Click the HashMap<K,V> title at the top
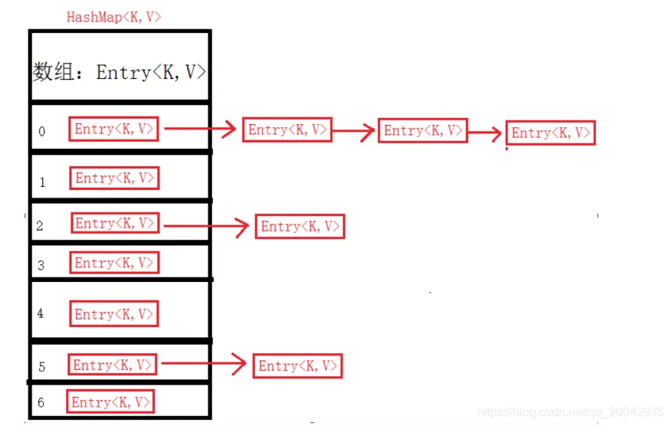(113, 17)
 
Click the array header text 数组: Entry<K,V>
(119, 72)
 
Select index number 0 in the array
(41, 132)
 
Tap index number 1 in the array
(42, 182)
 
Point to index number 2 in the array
(40, 226)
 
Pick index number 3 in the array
(41, 266)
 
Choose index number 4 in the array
(40, 314)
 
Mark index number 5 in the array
(41, 367)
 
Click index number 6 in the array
(41, 403)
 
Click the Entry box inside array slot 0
(115, 129)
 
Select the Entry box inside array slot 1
(116, 179)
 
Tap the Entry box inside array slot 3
(116, 264)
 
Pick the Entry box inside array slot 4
(115, 314)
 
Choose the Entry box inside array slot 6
(111, 402)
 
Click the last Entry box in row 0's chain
(551, 133)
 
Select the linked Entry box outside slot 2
(300, 227)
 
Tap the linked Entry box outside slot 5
(297, 366)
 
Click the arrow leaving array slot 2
(207, 225)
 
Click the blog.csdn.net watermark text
(571, 412)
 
